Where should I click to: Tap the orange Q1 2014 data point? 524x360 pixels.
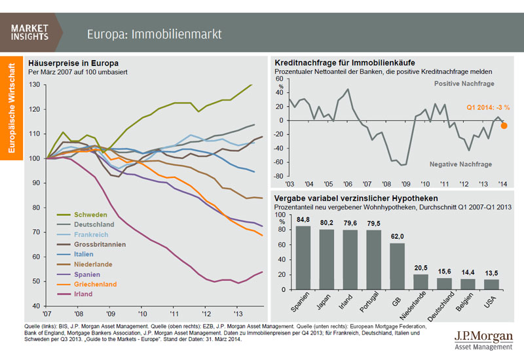coord(504,126)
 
